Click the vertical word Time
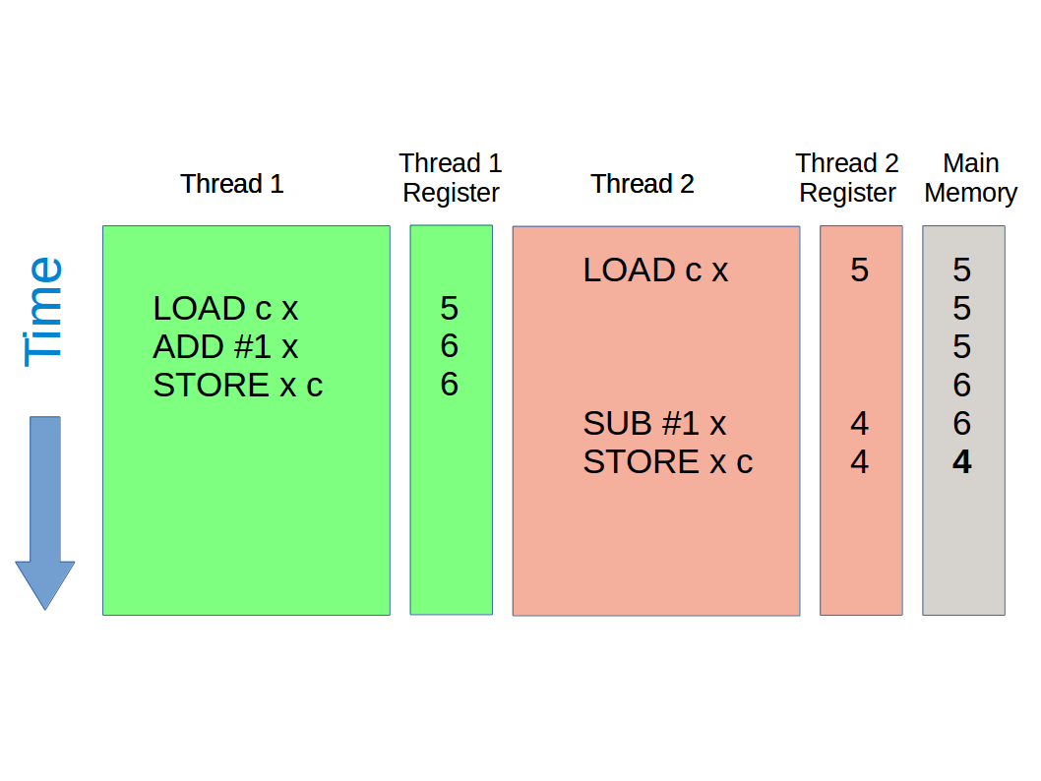point(44,312)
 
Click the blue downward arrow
point(45,511)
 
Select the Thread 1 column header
point(232,184)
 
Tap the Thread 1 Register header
point(451,178)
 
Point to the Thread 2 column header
point(643,184)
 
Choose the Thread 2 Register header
point(847,178)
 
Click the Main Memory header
point(970,178)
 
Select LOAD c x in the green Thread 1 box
point(225,309)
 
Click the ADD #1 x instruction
point(225,347)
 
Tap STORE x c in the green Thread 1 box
point(237,386)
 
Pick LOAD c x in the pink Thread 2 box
point(655,270)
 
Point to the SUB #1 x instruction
point(654,424)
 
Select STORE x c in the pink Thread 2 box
point(667,462)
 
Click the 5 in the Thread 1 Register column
point(449,309)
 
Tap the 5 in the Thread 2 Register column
point(860,270)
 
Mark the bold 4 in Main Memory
point(962,462)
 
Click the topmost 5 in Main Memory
point(962,270)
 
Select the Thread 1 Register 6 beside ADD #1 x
point(449,347)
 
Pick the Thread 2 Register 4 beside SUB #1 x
point(860,424)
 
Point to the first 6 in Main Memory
point(962,386)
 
